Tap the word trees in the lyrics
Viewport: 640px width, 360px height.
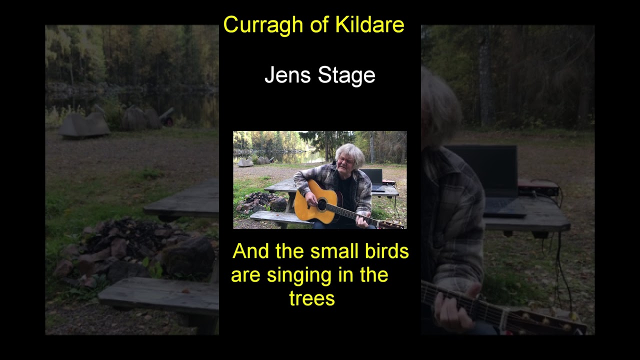tap(311, 298)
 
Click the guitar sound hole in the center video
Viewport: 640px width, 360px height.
tap(322, 204)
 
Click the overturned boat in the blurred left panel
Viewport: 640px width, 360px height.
tap(83, 125)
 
